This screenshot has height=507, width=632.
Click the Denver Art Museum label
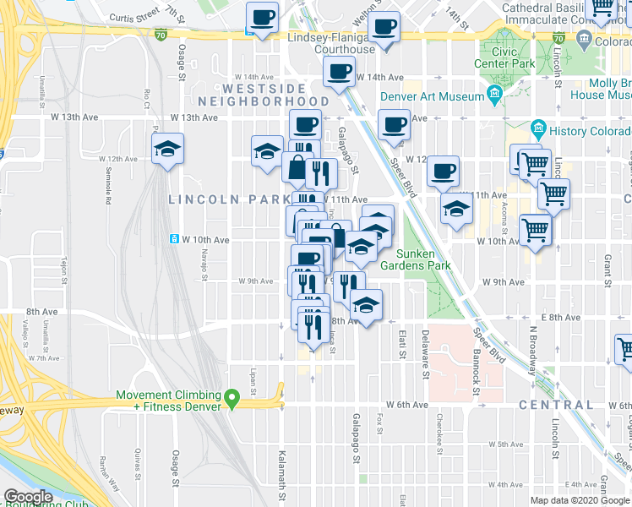(x=432, y=96)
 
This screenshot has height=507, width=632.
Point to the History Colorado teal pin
(x=537, y=130)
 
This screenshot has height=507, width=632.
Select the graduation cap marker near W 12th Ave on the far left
(x=167, y=150)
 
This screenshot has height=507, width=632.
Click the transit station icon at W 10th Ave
(x=175, y=239)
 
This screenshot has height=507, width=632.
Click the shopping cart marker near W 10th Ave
(x=536, y=228)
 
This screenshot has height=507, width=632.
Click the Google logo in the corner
(x=29, y=497)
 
